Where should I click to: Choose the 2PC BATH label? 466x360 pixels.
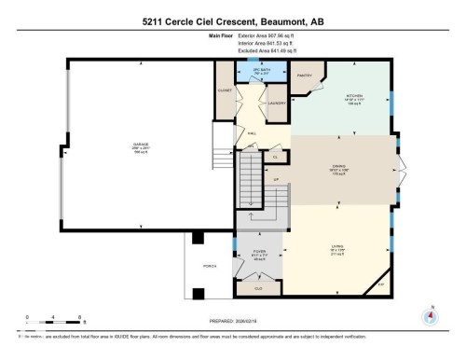point(249,70)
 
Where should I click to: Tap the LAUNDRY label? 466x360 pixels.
point(276,104)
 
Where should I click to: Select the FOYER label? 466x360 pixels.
point(259,252)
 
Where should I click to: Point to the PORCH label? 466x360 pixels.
point(210,266)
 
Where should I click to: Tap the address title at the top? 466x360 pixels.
point(232,21)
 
